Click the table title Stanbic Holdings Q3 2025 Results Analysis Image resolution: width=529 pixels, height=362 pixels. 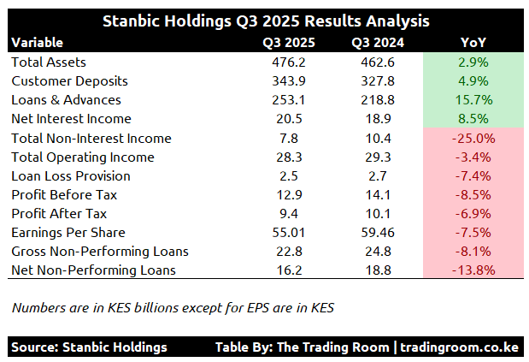tap(264, 20)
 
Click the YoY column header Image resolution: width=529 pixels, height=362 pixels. tap(473, 43)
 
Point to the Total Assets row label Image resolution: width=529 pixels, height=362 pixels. tap(49, 62)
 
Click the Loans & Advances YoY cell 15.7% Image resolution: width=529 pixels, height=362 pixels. tap(473, 100)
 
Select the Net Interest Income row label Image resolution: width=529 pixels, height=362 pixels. tap(71, 119)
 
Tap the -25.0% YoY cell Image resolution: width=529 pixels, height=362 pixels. tap(473, 138)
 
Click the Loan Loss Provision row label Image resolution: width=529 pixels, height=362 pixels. tap(71, 175)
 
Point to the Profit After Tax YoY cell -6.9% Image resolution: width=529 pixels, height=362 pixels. tap(473, 213)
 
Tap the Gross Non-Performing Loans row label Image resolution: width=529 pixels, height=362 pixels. tap(100, 251)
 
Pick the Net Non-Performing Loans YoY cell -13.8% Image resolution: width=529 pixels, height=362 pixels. tap(473, 270)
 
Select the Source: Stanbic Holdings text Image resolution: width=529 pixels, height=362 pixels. tap(90, 347)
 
